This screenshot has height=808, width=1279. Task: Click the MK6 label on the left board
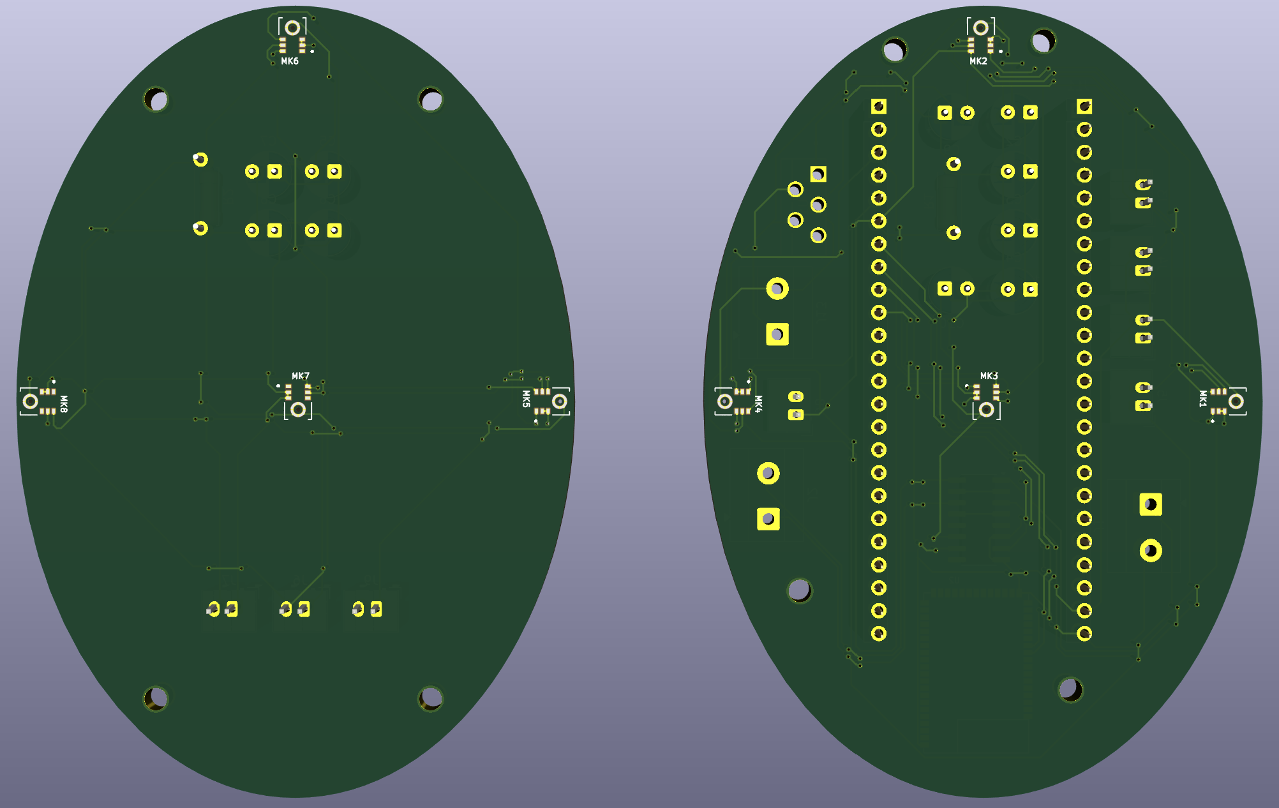click(290, 61)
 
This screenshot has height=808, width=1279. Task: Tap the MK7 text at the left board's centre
click(301, 377)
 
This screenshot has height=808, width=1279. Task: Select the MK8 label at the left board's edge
click(64, 403)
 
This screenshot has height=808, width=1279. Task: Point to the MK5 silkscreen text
click(526, 399)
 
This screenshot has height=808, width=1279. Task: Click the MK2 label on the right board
click(978, 61)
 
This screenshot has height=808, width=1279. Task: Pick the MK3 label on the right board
click(989, 377)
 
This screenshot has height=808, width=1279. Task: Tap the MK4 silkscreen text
click(758, 403)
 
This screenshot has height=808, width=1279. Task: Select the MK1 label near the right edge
click(1203, 399)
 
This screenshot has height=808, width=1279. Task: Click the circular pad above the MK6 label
click(292, 28)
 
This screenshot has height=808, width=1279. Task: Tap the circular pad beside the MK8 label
click(30, 401)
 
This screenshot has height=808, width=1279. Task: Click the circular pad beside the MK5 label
click(560, 401)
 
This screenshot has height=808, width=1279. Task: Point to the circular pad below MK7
click(298, 410)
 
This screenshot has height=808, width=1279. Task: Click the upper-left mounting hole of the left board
click(156, 100)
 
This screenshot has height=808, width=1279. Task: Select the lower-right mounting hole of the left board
click(431, 699)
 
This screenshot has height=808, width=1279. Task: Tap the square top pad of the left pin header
click(879, 107)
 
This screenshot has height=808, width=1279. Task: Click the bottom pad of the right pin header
click(1084, 634)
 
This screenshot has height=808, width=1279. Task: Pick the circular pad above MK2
click(981, 28)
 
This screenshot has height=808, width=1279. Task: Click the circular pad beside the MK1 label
click(1236, 401)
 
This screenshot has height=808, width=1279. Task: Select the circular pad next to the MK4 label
click(725, 401)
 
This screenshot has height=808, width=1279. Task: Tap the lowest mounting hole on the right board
click(1070, 689)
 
